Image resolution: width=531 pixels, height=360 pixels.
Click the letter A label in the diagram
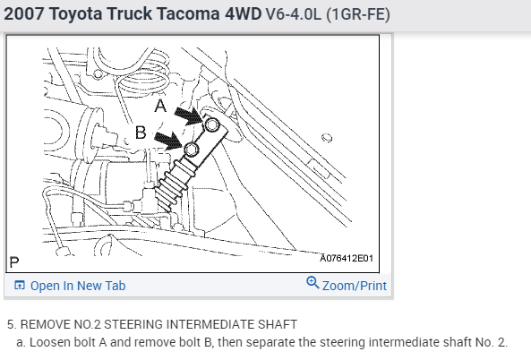tap(160, 106)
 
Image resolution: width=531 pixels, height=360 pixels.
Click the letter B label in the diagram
tap(141, 132)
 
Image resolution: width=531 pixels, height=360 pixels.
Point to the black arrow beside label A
tap(189, 116)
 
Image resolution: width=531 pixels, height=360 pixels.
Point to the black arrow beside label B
tap(169, 141)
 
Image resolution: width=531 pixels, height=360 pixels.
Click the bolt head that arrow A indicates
tap(212, 124)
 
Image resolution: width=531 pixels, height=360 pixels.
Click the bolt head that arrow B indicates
tap(192, 150)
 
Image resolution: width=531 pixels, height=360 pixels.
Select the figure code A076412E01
tap(347, 259)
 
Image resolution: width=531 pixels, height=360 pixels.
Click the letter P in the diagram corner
tap(14, 262)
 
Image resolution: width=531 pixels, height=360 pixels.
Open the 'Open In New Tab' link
tap(78, 286)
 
